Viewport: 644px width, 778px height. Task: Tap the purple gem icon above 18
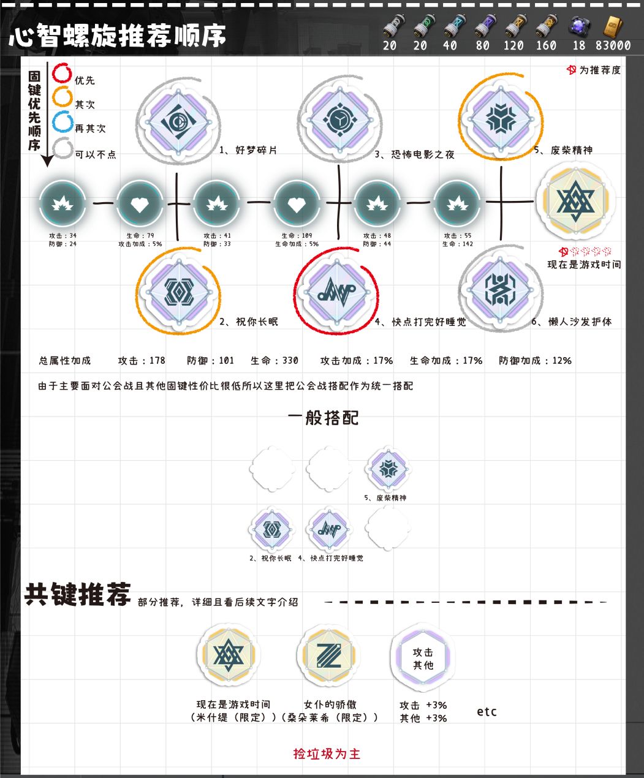click(580, 27)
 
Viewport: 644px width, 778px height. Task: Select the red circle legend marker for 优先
click(62, 72)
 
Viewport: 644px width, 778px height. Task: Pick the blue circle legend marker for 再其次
click(63, 121)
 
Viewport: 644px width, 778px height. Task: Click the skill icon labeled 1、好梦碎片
click(178, 121)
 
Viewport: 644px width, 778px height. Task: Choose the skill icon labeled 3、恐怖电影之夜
click(339, 120)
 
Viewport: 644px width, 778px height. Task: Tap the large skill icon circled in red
click(336, 290)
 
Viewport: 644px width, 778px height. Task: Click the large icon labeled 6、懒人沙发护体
click(501, 289)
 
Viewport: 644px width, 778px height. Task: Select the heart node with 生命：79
click(140, 204)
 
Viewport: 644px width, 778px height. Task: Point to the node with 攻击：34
click(63, 204)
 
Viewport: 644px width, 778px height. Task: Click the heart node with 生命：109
click(297, 204)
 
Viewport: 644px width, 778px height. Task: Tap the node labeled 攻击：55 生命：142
click(457, 204)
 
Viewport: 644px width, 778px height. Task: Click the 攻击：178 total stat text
click(142, 360)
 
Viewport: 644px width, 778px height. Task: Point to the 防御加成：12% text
click(535, 360)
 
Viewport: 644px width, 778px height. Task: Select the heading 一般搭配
click(323, 418)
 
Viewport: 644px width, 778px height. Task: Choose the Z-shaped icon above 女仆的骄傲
click(328, 655)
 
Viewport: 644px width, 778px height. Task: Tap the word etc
click(487, 711)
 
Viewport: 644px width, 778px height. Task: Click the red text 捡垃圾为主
click(327, 753)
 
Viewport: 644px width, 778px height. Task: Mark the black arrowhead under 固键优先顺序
click(48, 161)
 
